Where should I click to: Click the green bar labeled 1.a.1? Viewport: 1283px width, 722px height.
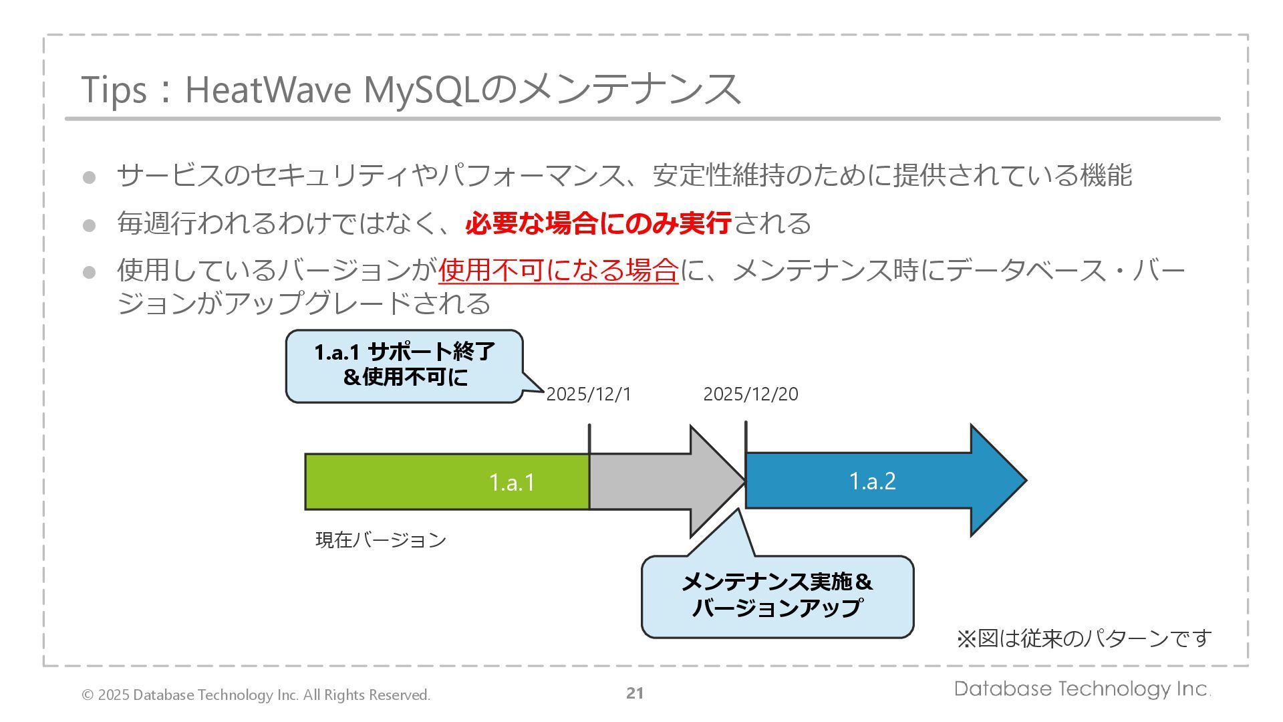(446, 481)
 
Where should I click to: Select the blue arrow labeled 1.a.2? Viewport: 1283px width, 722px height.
(872, 481)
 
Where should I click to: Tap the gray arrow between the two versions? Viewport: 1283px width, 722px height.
(662, 481)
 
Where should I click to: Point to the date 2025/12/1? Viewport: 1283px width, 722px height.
(588, 394)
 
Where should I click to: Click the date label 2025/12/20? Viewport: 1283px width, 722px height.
(750, 394)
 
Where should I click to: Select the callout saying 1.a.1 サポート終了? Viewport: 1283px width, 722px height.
(404, 365)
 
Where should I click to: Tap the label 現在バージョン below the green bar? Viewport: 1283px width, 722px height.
(380, 540)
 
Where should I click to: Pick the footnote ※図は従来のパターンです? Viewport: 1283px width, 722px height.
(1084, 638)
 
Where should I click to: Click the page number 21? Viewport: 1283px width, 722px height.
(635, 693)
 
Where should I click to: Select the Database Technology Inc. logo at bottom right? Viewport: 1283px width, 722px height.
(1082, 689)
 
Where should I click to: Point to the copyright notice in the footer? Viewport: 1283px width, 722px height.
(256, 695)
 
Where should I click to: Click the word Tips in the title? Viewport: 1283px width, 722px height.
(113, 90)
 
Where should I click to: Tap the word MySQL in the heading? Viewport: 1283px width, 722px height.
(421, 90)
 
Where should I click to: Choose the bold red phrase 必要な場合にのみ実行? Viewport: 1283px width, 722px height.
(598, 223)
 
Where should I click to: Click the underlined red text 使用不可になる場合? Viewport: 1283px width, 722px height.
(558, 270)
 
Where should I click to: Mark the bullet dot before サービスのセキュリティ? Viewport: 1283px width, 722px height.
(89, 177)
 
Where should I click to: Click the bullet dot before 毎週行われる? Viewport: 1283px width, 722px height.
(89, 225)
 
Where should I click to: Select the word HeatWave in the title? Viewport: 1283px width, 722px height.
(267, 90)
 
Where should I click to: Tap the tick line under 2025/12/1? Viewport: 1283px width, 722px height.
(589, 439)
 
